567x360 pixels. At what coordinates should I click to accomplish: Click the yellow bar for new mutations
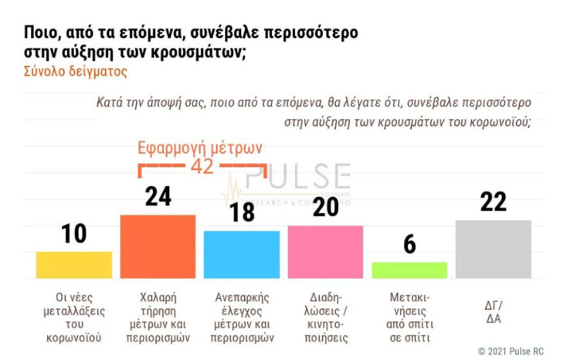click(74, 264)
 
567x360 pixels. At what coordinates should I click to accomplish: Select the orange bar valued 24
click(158, 246)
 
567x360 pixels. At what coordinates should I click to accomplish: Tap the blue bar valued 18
click(242, 253)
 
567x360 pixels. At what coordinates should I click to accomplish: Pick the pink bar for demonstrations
click(325, 251)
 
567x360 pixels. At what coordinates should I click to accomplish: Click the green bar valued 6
click(409, 270)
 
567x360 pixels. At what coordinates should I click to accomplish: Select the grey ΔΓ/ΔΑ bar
click(493, 249)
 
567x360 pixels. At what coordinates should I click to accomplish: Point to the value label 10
click(74, 234)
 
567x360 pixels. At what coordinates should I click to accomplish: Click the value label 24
click(158, 197)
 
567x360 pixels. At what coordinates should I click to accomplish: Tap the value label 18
click(242, 212)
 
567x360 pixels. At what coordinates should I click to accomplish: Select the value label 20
click(325, 207)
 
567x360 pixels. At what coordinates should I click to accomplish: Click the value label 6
click(409, 244)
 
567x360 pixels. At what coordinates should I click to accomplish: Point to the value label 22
click(493, 202)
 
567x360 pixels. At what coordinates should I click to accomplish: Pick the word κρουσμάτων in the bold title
click(200, 53)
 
